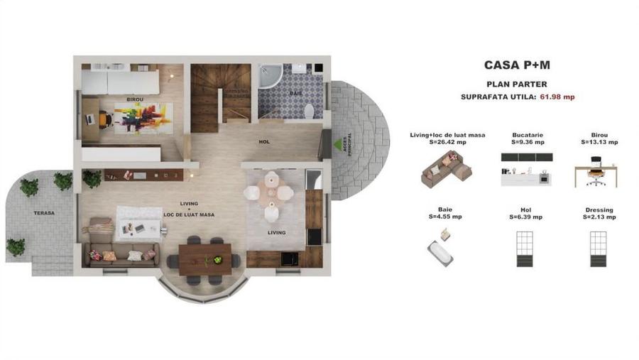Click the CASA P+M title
click(517, 65)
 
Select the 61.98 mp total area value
click(557, 97)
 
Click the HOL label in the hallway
click(264, 142)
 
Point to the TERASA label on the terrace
click(43, 213)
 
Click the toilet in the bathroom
click(309, 111)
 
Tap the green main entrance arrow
click(338, 144)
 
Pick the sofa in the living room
click(121, 253)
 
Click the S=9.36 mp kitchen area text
click(528, 142)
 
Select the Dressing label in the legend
click(600, 210)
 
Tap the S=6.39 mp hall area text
click(527, 217)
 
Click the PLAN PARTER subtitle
click(517, 83)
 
